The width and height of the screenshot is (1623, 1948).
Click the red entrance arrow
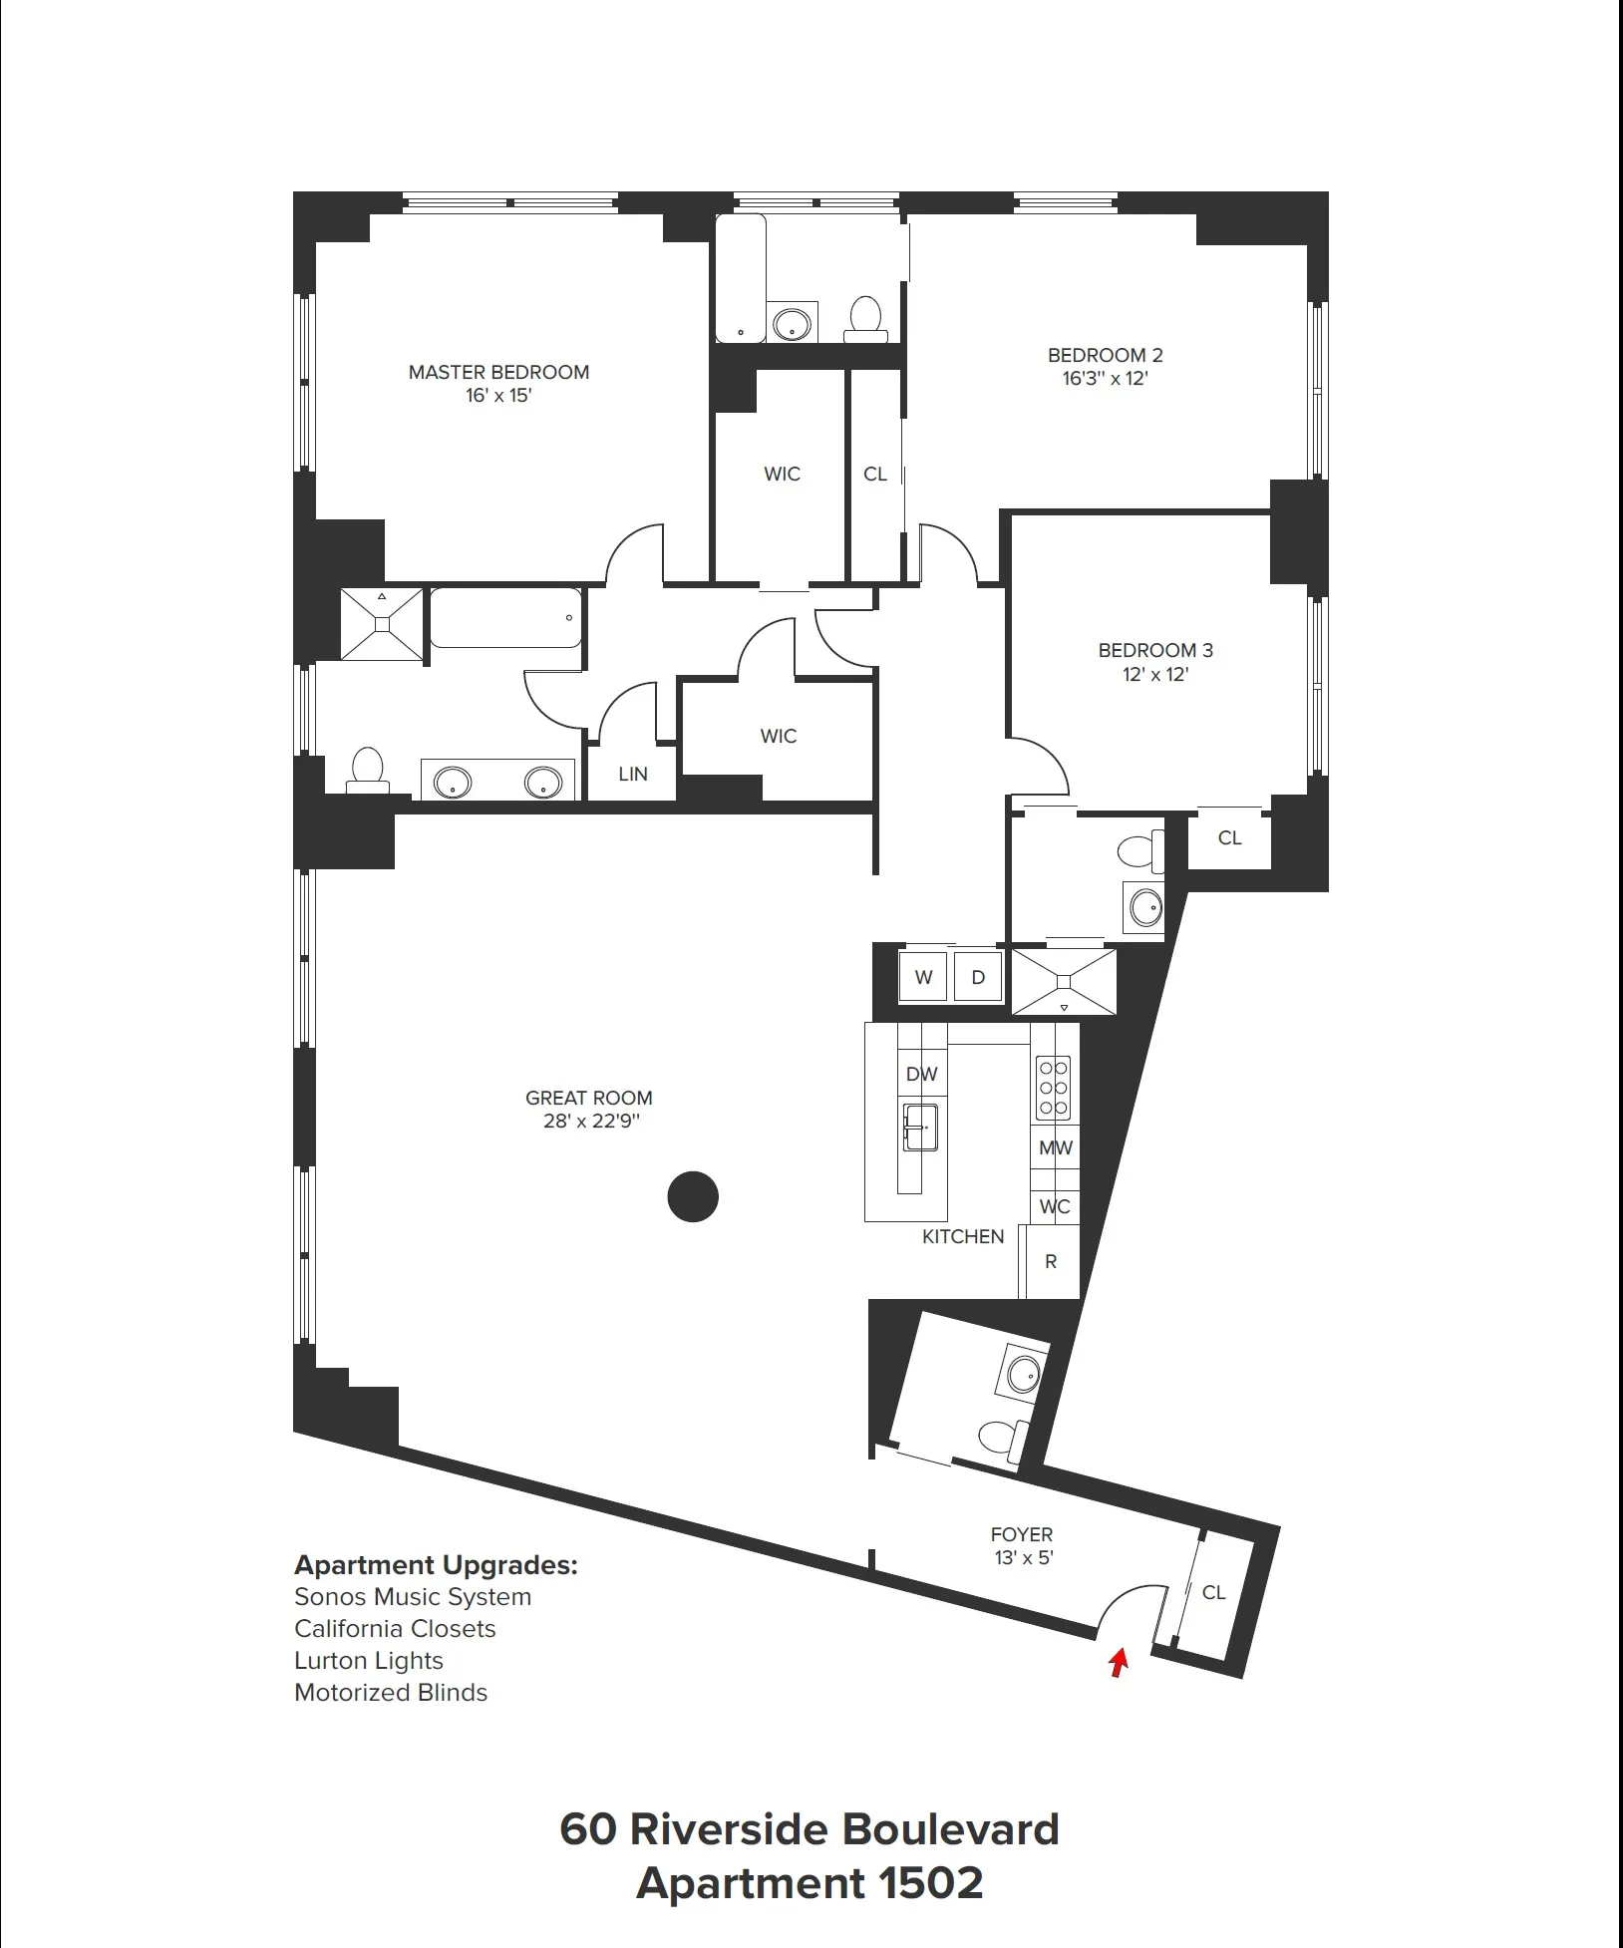pos(1119,1662)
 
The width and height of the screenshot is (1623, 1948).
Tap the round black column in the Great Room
pos(693,1196)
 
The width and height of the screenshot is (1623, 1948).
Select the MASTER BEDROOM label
pos(498,372)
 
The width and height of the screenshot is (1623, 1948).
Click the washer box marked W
pos(923,977)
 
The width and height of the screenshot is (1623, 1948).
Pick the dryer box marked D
pos(978,977)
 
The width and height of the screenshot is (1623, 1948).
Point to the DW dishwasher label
pos(922,1074)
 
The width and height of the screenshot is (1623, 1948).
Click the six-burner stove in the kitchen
pos(1054,1087)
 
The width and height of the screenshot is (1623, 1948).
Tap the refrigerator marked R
pos(1051,1262)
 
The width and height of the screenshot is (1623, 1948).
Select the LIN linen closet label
pos(633,774)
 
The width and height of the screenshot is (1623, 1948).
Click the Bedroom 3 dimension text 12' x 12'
pos(1155,675)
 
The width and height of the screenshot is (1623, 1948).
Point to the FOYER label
pos(1022,1534)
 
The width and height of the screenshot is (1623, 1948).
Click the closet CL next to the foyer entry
pos(1213,1592)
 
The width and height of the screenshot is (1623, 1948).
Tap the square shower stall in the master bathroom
pos(382,624)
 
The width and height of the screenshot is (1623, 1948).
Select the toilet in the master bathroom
pos(368,771)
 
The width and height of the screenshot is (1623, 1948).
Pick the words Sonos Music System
pos(413,1596)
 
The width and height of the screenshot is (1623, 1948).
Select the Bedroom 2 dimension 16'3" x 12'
pos(1105,379)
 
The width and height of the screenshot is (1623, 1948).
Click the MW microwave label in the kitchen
pos(1055,1147)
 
